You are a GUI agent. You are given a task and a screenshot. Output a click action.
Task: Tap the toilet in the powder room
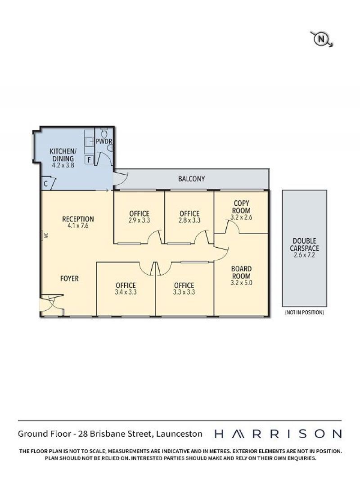[x=104, y=133]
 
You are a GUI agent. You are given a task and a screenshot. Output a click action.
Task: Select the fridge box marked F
[x=89, y=160]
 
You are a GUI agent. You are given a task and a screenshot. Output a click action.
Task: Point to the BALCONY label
[x=191, y=179]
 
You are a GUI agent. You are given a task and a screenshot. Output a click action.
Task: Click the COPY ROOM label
[x=241, y=207]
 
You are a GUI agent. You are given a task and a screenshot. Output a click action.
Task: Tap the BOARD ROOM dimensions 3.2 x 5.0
[x=241, y=283]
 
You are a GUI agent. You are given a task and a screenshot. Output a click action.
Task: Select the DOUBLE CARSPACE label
[x=304, y=245]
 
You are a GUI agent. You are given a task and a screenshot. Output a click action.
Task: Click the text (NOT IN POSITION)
[x=304, y=312]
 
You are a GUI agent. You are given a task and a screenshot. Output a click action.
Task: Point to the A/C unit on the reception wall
[x=42, y=235]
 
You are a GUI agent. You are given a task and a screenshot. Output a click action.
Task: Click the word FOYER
[x=69, y=279]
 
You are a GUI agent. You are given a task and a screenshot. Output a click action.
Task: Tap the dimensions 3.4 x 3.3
[x=126, y=292]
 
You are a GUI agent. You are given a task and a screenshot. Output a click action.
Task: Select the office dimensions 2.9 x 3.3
[x=139, y=220]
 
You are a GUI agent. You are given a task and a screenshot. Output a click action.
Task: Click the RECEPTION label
[x=78, y=219]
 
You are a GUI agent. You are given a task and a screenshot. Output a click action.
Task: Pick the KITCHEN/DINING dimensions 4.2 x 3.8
[x=63, y=165]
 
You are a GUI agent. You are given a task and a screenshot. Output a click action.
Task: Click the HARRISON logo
[x=278, y=434]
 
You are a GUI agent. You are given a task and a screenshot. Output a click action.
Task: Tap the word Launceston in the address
[x=179, y=434]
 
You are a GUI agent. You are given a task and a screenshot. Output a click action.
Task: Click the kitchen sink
[x=89, y=142]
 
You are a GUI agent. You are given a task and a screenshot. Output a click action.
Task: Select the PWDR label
[x=104, y=142]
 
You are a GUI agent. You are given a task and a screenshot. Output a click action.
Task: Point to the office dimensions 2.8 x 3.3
[x=189, y=220]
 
